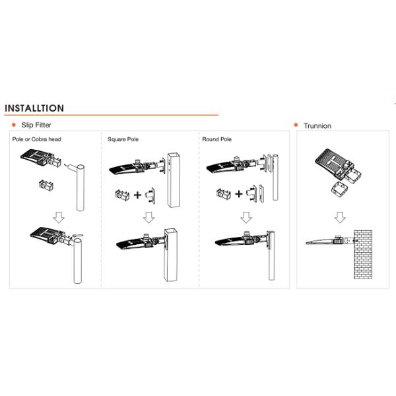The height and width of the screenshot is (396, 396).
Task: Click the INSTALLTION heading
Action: (34, 108)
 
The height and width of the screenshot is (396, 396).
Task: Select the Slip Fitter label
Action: (36, 125)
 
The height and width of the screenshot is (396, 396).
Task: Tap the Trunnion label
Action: (317, 126)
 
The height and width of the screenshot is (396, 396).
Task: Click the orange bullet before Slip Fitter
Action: (14, 125)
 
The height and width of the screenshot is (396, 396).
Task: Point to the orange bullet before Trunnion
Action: (296, 125)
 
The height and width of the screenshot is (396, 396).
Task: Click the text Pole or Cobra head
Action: (36, 139)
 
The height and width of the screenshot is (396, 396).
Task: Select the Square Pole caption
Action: (123, 139)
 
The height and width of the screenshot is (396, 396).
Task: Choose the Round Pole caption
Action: (217, 139)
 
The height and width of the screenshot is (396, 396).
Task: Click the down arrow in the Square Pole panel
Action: (149, 217)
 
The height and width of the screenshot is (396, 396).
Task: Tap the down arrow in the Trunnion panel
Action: (340, 217)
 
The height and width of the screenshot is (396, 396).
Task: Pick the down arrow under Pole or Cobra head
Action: (59, 217)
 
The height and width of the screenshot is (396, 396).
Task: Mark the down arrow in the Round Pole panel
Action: (246, 217)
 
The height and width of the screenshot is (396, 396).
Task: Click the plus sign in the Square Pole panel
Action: (137, 195)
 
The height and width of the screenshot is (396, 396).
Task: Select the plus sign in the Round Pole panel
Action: (239, 194)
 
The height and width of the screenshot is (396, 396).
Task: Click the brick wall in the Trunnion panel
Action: (363, 255)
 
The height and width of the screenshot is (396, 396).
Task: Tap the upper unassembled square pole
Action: (174, 180)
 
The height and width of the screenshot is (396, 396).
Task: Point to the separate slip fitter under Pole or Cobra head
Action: (46, 185)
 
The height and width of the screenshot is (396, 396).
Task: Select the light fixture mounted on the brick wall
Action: (330, 240)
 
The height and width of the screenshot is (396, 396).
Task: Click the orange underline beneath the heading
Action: (112, 115)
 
